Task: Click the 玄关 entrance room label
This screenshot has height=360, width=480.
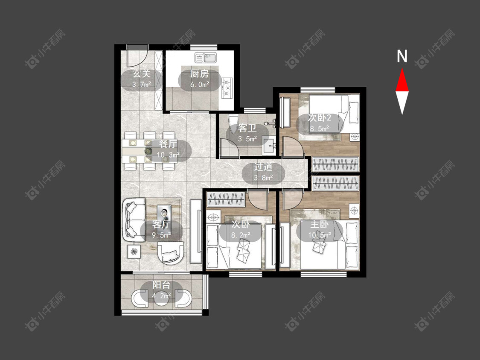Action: click(141, 73)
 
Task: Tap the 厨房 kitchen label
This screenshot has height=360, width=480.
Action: click(199, 73)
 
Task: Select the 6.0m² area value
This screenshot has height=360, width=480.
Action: click(200, 84)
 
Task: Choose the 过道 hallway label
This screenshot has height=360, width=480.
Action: click(263, 167)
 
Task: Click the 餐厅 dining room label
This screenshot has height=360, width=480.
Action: click(169, 144)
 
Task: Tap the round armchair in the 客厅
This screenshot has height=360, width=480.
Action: click(171, 253)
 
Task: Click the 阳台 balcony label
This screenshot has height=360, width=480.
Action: click(161, 285)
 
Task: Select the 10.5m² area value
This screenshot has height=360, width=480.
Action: click(320, 235)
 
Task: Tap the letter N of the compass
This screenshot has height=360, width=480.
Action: click(402, 56)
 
